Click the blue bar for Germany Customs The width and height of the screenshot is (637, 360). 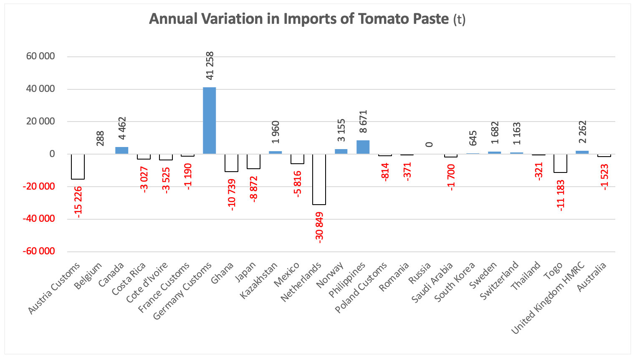pyautogui.click(x=209, y=121)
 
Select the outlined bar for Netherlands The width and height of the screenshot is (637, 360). pyautogui.click(x=319, y=179)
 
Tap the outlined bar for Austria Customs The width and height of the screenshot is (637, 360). pyautogui.click(x=78, y=167)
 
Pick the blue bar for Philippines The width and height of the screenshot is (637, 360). pyautogui.click(x=363, y=147)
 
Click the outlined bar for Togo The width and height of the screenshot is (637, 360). pyautogui.click(x=560, y=163)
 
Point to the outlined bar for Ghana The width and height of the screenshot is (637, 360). pyautogui.click(x=231, y=163)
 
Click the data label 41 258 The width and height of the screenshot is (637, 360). pyautogui.click(x=210, y=66)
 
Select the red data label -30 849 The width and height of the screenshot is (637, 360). pyautogui.click(x=319, y=227)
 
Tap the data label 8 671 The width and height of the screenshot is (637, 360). pyautogui.click(x=363, y=122)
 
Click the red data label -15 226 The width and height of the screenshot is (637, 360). pyautogui.click(x=78, y=201)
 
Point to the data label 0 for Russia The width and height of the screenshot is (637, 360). pyautogui.click(x=429, y=145)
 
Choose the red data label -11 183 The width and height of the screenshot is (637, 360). pyautogui.click(x=561, y=195)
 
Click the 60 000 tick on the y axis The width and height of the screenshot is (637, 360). pyautogui.click(x=40, y=56)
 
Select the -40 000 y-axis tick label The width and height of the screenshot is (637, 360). pyautogui.click(x=38, y=219)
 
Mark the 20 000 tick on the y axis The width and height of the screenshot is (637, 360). pyautogui.click(x=40, y=122)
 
